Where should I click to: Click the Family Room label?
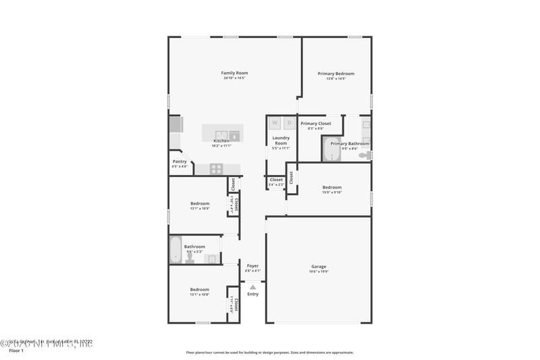[x=235, y=73]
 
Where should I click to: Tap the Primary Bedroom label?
[x=336, y=74]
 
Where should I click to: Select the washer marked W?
[x=275, y=123]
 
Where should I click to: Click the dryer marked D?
[x=289, y=123]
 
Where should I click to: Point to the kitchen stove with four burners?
[x=217, y=169]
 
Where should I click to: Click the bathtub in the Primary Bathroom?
[x=331, y=150]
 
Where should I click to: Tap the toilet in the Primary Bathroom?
[x=364, y=155]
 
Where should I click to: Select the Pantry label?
[x=180, y=161]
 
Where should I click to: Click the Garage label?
[x=319, y=267]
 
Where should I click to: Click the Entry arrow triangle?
[x=253, y=287]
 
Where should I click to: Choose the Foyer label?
[x=253, y=266]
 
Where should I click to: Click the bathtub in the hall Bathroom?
[x=175, y=250]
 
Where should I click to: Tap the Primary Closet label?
[x=316, y=124]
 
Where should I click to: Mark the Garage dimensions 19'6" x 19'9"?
[x=319, y=273]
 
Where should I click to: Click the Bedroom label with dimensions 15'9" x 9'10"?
[x=332, y=187]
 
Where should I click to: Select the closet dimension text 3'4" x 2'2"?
[x=277, y=184]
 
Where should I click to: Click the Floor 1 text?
[x=16, y=351]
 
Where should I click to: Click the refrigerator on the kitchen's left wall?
[x=175, y=124]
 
